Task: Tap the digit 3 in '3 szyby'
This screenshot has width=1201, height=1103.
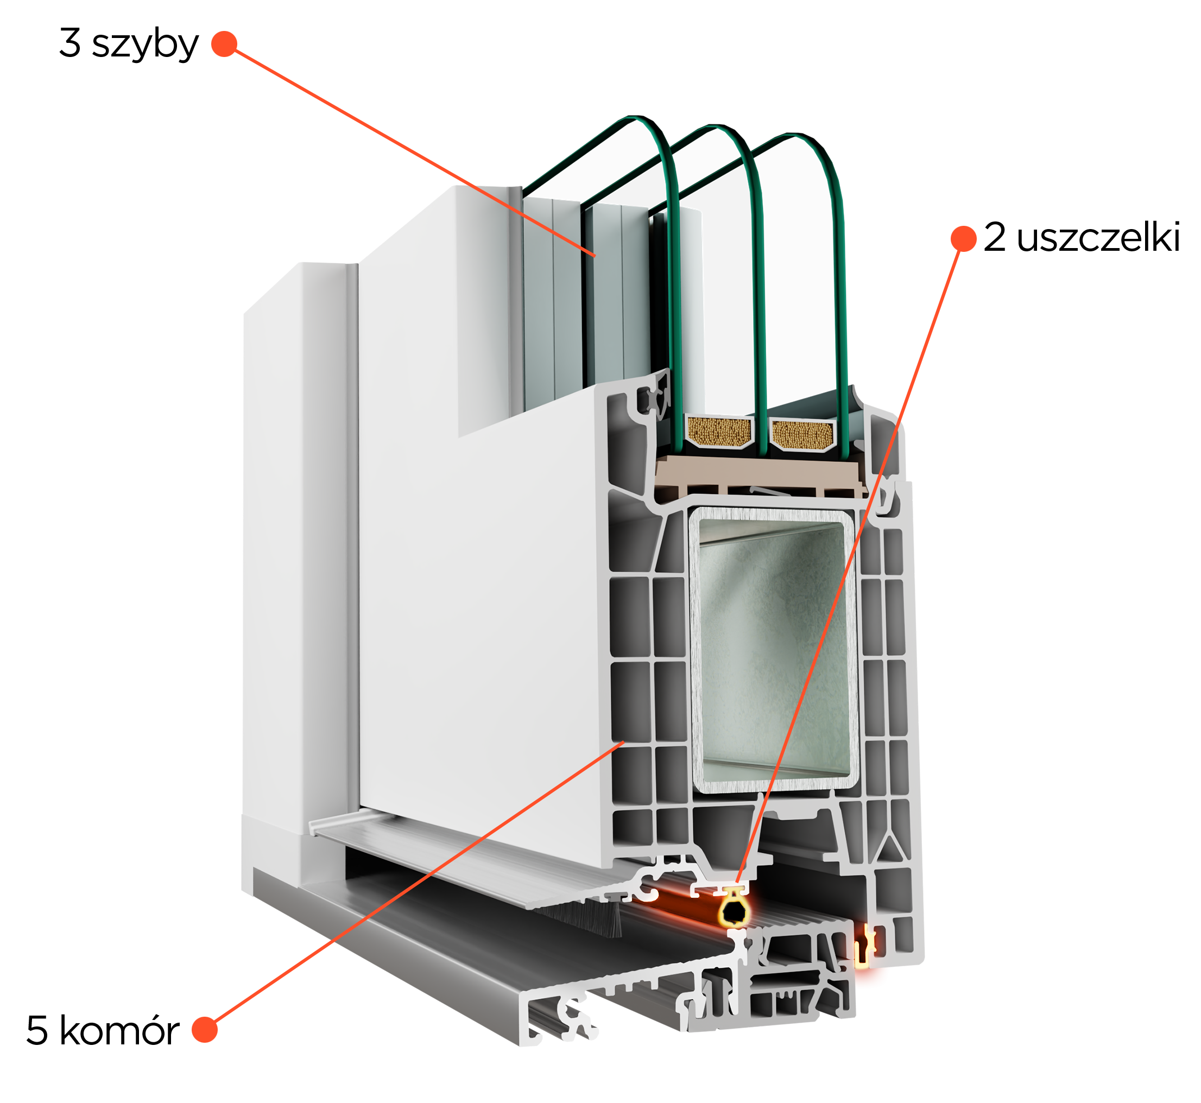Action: (70, 43)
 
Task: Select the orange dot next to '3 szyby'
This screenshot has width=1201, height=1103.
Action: (224, 43)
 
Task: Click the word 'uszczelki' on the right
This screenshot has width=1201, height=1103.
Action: (1098, 238)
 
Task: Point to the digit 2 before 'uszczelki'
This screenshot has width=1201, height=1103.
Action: (995, 237)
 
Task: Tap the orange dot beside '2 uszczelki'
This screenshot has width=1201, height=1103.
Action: (963, 239)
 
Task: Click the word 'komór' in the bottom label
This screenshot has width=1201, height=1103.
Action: (119, 1031)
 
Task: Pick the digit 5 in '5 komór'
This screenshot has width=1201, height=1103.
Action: (37, 1031)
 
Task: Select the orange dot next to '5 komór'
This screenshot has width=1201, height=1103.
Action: (205, 1030)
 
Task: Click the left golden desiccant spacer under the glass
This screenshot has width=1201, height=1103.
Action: (719, 431)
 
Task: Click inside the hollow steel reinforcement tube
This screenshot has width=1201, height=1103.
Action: (774, 651)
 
